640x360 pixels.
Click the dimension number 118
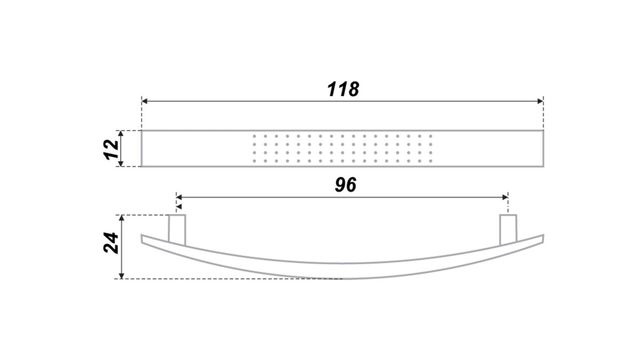tap(343, 89)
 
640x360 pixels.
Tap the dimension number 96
tap(346, 185)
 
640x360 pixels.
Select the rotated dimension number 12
tap(111, 149)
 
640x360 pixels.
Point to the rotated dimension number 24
tap(111, 243)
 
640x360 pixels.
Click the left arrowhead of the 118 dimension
tap(145, 101)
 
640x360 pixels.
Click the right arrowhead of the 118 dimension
tap(540, 101)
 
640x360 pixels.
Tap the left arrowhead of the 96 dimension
tap(179, 197)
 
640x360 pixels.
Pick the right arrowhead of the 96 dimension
tap(505, 197)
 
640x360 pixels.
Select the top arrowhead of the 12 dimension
tap(121, 134)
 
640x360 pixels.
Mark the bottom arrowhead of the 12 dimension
tap(121, 163)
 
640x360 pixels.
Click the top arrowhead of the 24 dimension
tap(122, 218)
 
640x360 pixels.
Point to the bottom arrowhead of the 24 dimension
tap(122, 275)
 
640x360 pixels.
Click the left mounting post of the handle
tap(177, 230)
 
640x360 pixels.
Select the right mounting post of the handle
tap(508, 230)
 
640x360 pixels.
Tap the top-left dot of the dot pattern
tap(254, 137)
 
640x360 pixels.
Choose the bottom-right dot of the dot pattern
tap(430, 161)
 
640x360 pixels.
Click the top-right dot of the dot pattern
tap(430, 137)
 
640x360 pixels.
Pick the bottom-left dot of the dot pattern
tap(254, 161)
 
